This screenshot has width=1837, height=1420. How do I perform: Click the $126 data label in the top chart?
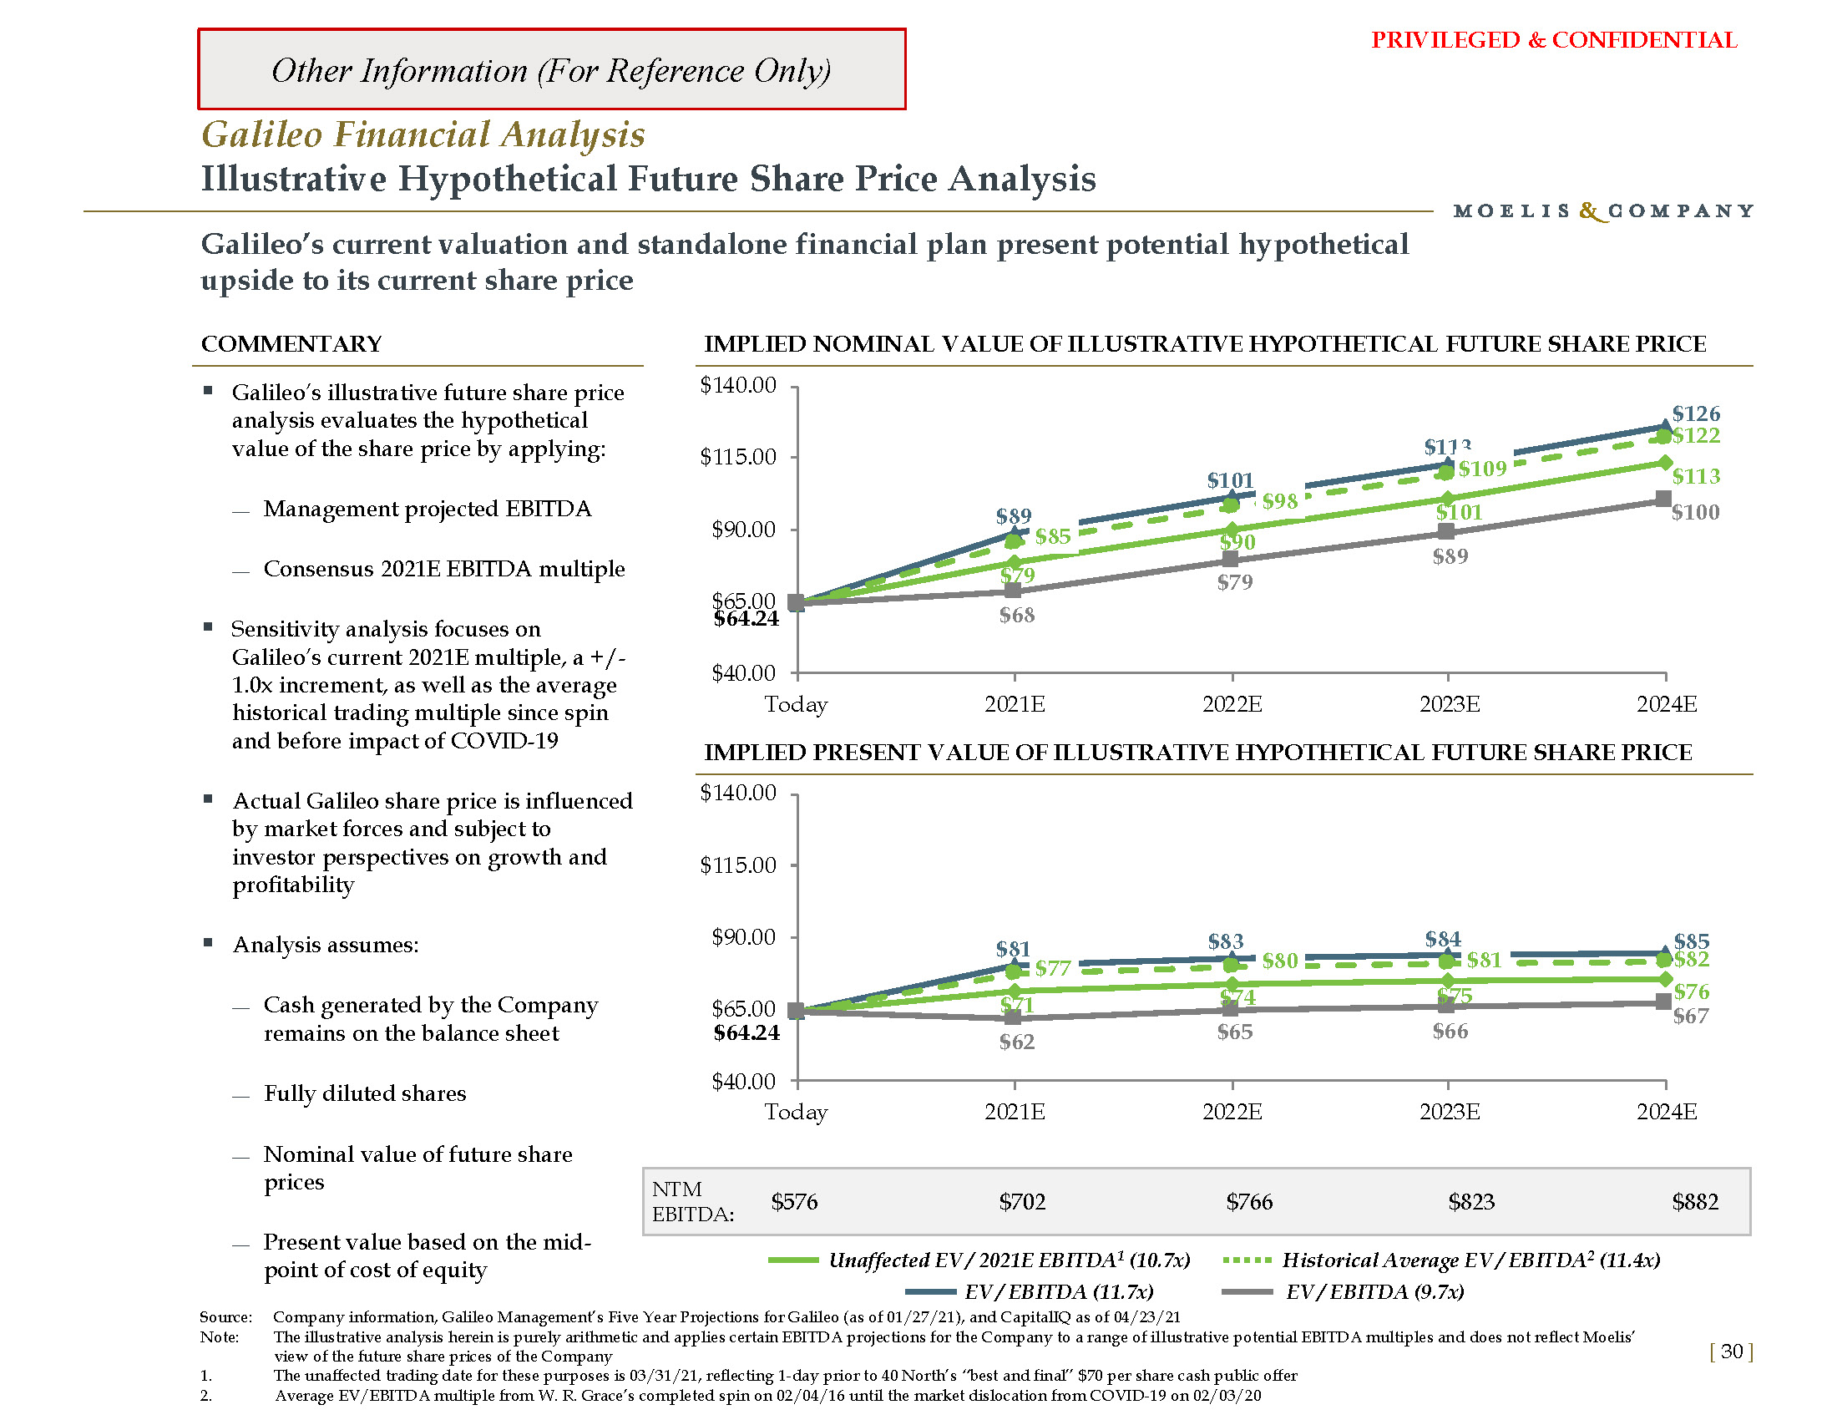coord(1696,413)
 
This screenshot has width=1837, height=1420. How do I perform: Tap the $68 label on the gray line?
coord(1016,615)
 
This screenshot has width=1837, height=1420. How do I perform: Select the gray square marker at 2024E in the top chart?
coord(1662,499)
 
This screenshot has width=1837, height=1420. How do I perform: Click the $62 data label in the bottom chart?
coord(1016,1042)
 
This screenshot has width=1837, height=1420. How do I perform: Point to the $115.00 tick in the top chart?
coord(737,457)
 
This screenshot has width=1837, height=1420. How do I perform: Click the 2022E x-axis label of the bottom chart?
coord(1232,1111)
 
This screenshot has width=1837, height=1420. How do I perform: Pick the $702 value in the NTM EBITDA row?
coord(1022,1201)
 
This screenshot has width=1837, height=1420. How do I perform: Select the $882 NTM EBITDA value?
coord(1695,1201)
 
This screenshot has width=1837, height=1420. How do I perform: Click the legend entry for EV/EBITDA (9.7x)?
coord(1374,1291)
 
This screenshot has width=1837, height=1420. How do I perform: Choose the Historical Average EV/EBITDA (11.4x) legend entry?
coord(1470,1260)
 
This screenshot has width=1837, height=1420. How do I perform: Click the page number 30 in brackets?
coord(1731,1351)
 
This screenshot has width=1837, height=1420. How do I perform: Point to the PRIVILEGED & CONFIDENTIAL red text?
coord(1554,40)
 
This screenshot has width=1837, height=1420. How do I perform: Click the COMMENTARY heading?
coord(291,343)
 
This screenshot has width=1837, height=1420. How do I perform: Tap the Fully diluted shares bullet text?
coord(364,1093)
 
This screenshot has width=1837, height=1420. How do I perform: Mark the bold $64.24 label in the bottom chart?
coord(746,1032)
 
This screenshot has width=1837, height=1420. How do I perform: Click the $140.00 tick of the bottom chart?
coord(737,793)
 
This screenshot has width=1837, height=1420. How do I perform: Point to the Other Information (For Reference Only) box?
coord(551,70)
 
